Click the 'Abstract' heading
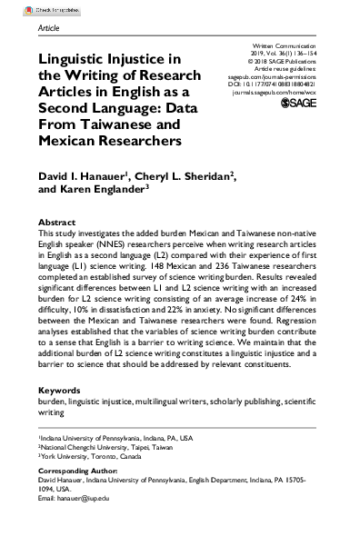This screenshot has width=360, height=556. click(x=56, y=223)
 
